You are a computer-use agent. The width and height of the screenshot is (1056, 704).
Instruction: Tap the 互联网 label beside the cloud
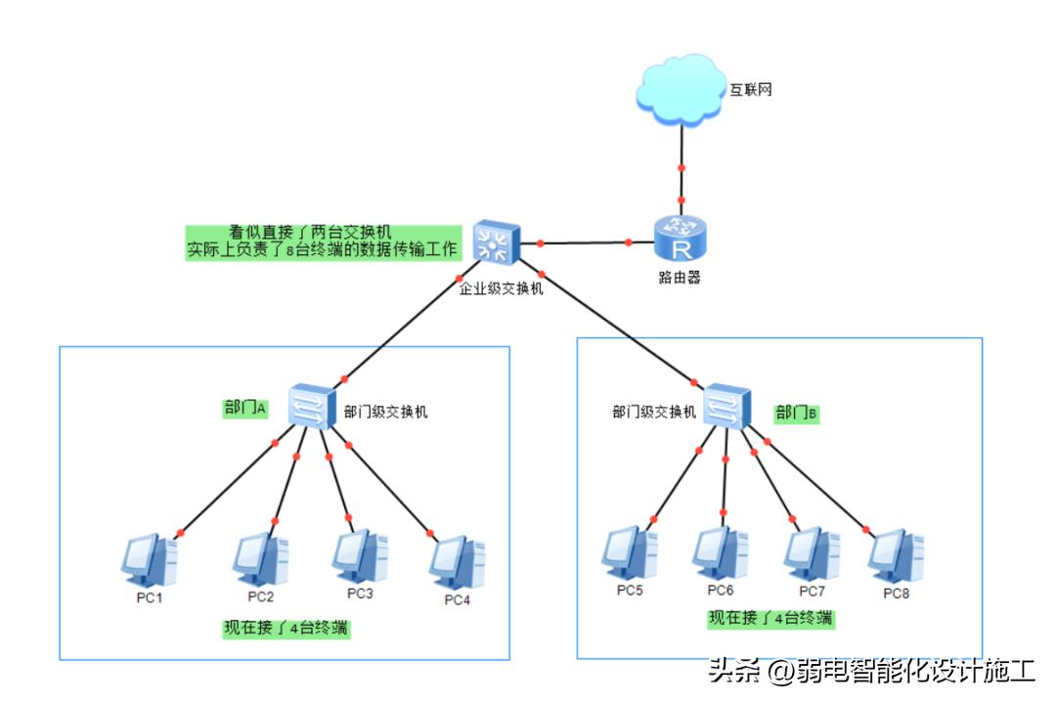click(751, 90)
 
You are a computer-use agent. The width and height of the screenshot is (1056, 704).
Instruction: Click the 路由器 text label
click(679, 278)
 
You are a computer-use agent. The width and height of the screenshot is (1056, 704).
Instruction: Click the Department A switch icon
click(312, 405)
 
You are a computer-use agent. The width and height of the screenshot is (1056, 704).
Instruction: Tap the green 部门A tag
click(245, 409)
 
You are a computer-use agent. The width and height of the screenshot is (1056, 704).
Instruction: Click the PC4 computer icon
click(457, 560)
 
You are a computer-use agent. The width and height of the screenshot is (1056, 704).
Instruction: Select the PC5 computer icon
click(630, 553)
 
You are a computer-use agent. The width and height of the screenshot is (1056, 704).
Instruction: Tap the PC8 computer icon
click(897, 555)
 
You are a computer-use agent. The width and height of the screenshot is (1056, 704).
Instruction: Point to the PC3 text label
click(360, 594)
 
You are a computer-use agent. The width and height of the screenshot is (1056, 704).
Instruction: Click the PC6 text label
click(721, 591)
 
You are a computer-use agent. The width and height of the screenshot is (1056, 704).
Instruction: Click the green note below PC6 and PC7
click(771, 618)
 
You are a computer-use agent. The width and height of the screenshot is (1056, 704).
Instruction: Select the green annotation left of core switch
click(323, 241)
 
